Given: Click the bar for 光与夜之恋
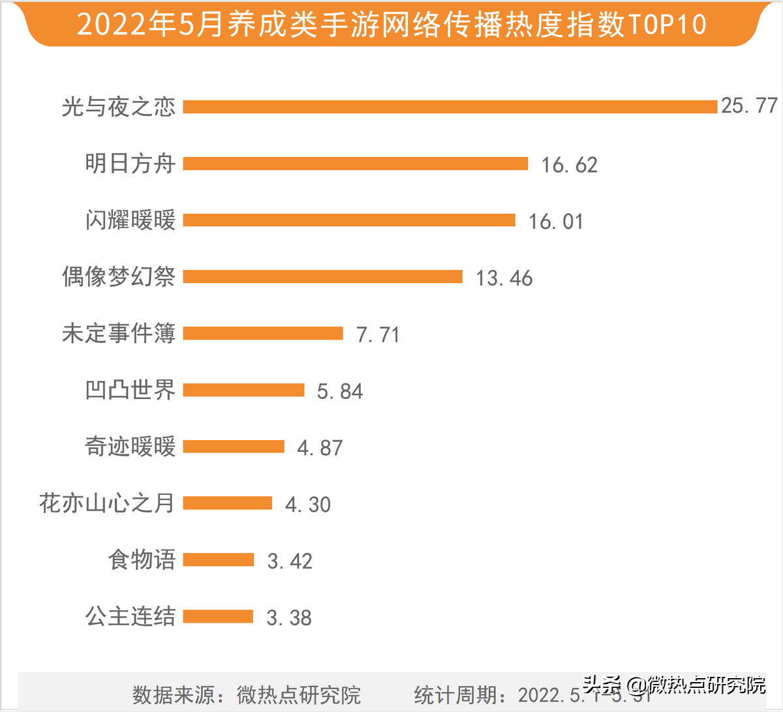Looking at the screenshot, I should click(x=450, y=107).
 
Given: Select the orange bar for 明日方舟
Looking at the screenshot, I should click(x=356, y=164).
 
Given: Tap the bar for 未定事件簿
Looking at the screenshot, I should click(x=263, y=334).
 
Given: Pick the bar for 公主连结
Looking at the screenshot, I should click(x=218, y=617).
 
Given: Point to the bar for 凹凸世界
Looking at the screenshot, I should click(x=244, y=391).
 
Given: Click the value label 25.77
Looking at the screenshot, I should click(x=749, y=106).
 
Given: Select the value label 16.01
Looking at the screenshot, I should click(x=556, y=222).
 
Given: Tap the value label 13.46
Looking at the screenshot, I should click(x=504, y=278).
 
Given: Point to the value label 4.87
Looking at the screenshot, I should click(x=320, y=448).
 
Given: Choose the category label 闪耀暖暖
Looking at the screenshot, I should click(x=130, y=220).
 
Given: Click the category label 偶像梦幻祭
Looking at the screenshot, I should click(x=119, y=277).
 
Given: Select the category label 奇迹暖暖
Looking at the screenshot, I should click(x=130, y=447).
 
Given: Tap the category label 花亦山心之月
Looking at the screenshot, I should click(x=107, y=503).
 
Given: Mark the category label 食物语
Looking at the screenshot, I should click(x=142, y=560).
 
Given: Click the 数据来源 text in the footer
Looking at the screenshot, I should click(x=174, y=695).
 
